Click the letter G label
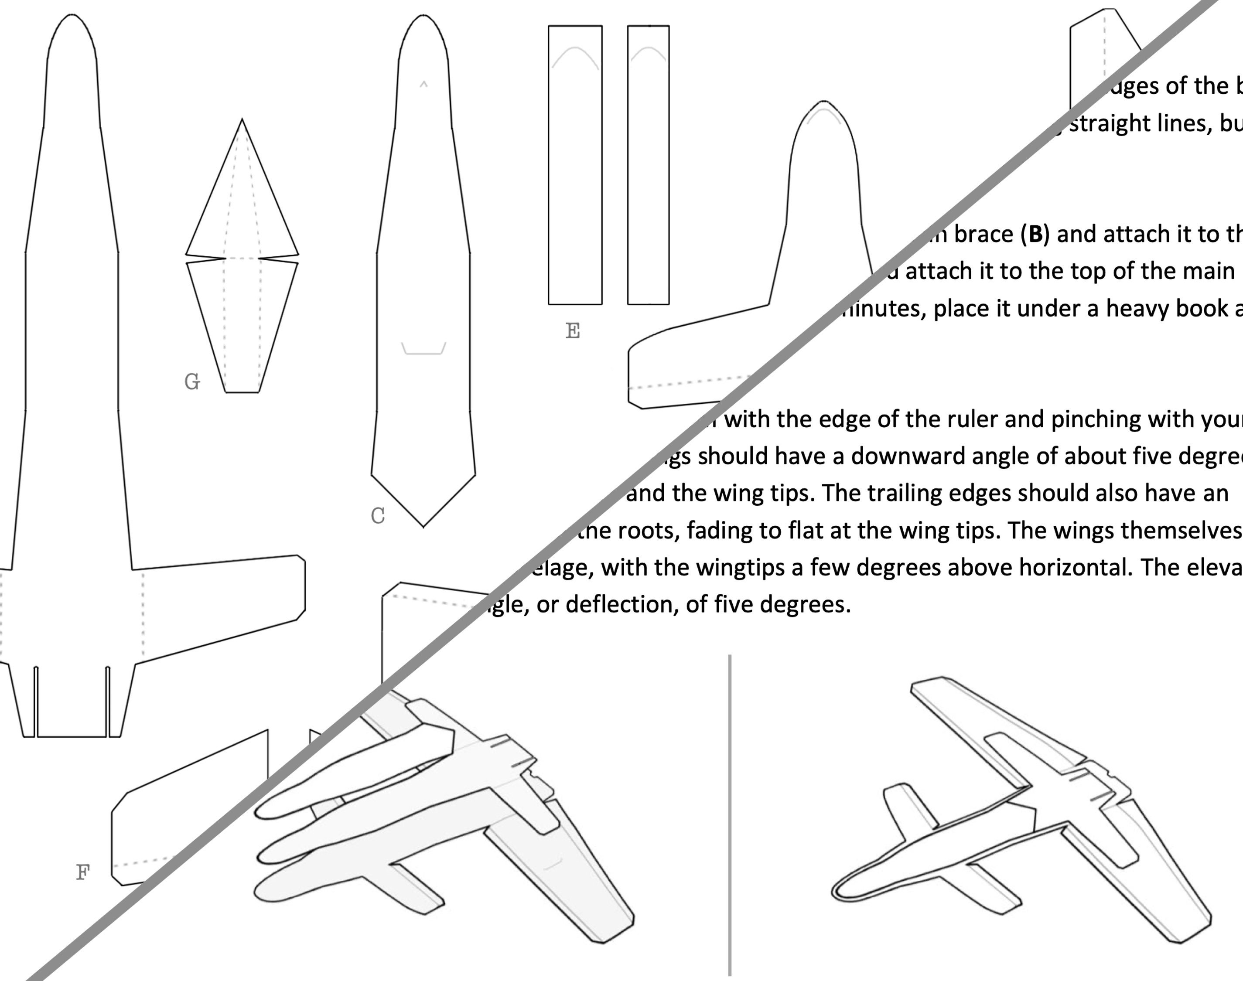tap(192, 381)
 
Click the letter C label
tap(377, 516)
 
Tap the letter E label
tap(573, 331)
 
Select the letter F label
tap(83, 872)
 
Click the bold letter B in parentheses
tap(1035, 234)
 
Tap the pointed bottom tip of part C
tap(423, 525)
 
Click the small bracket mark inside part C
tap(423, 349)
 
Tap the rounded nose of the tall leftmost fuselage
tap(71, 17)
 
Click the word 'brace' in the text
tap(983, 234)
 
